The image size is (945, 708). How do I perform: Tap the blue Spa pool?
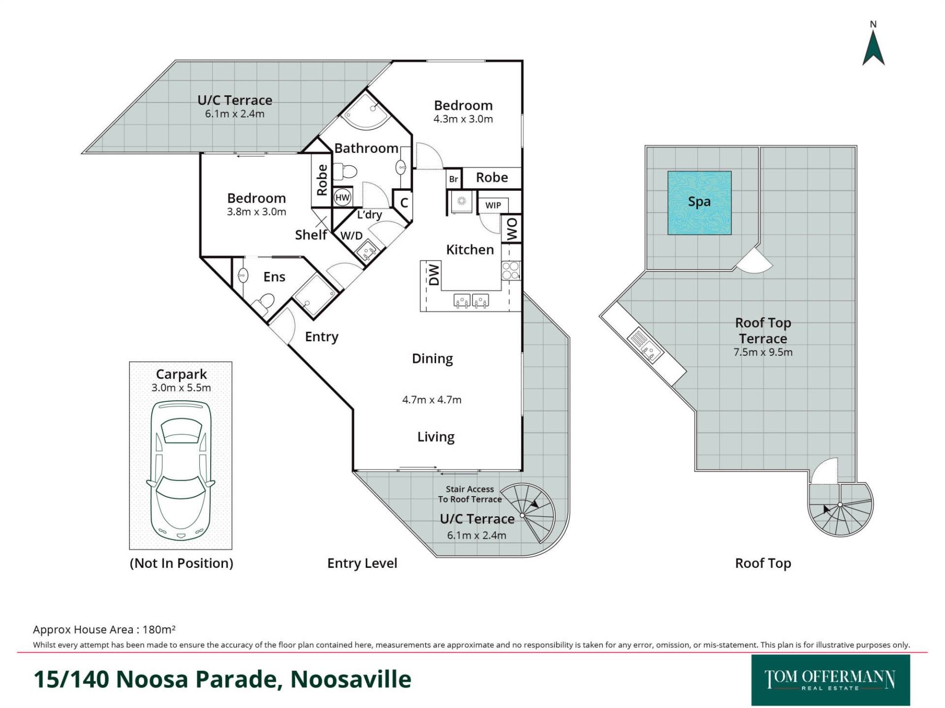tap(699, 203)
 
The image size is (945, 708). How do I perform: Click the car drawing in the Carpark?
tap(181, 471)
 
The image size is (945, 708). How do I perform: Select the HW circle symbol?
tap(342, 198)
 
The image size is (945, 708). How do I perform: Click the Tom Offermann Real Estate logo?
tap(830, 680)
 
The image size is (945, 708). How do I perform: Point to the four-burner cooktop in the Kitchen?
tap(510, 270)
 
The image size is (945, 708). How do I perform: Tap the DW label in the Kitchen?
tap(434, 275)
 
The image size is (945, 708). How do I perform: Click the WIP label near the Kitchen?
tap(493, 206)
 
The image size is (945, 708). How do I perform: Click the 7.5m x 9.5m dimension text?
tap(763, 352)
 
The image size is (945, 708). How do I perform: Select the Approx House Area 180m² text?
tap(104, 629)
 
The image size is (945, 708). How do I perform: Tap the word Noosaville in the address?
tap(351, 679)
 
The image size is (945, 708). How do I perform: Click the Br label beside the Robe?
tap(453, 179)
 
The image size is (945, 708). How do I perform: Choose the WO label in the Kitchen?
tap(512, 229)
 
